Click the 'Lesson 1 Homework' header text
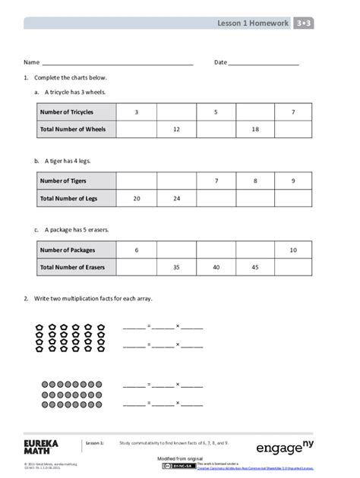[x=252, y=24]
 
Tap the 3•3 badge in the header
[x=304, y=24]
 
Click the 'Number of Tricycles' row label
[x=67, y=112]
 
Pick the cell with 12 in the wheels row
[x=176, y=130]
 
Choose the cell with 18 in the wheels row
[x=255, y=130]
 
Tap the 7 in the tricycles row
[x=293, y=112]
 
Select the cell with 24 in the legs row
[x=176, y=199]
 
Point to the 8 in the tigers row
[x=255, y=181]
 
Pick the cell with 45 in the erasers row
[x=255, y=267]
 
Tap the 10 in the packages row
[x=293, y=250]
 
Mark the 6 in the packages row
[x=137, y=250]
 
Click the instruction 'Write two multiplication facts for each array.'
[x=93, y=299]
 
